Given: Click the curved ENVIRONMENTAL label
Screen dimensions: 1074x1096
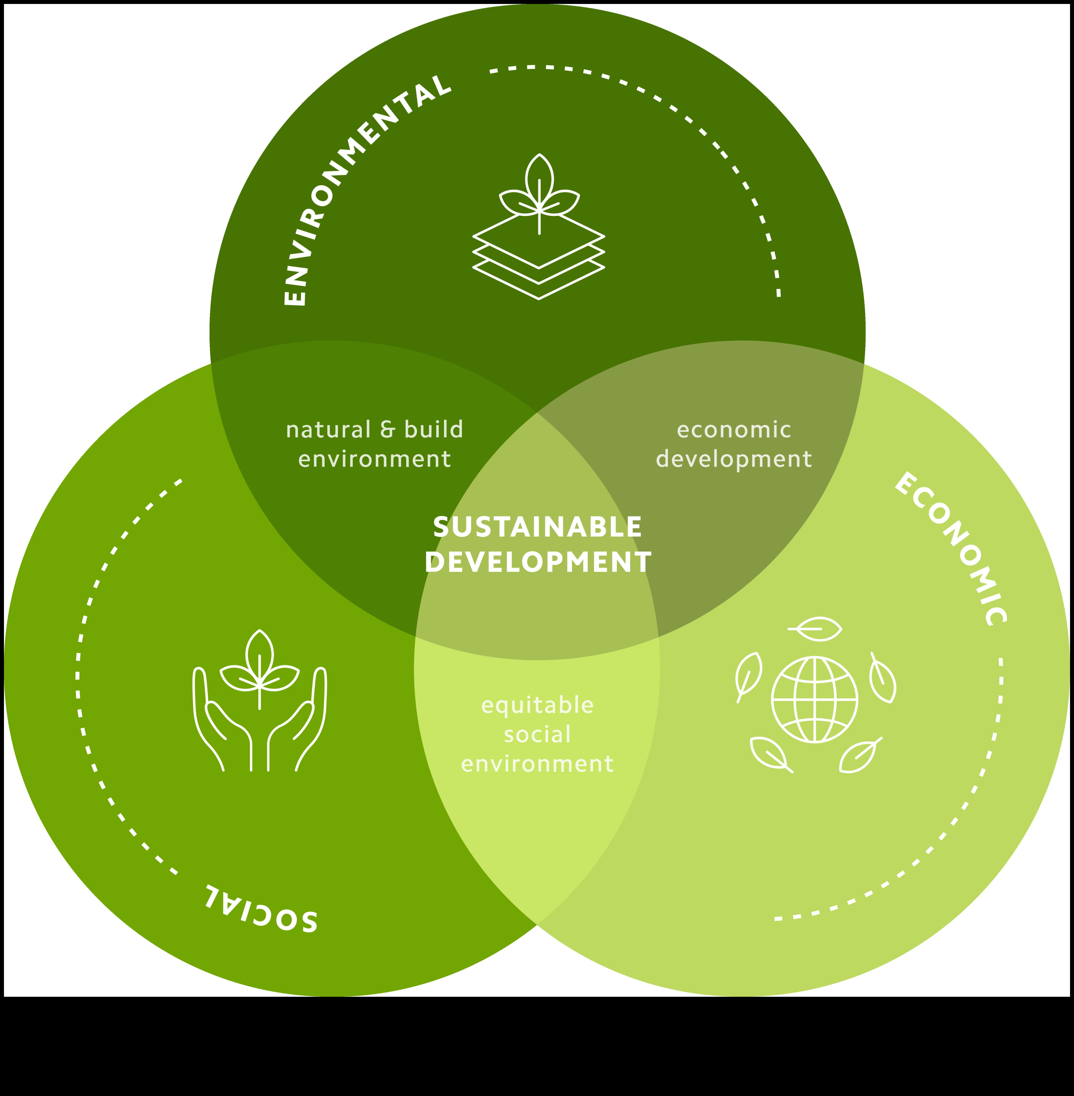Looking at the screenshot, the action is pyautogui.click(x=361, y=186).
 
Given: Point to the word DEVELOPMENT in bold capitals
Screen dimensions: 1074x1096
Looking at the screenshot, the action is pyautogui.click(x=537, y=562).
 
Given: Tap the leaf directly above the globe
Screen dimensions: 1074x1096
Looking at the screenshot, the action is pyautogui.click(x=815, y=629).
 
